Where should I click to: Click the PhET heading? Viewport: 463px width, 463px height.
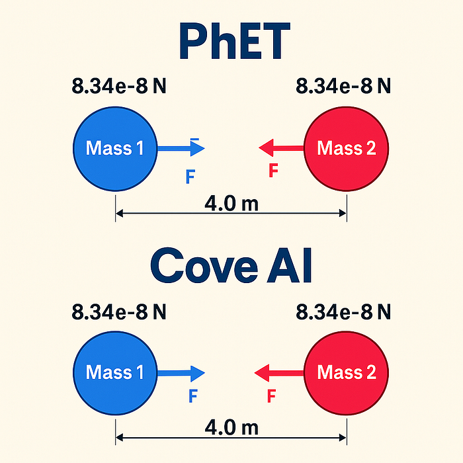click(x=232, y=42)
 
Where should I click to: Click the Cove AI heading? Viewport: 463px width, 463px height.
click(x=232, y=265)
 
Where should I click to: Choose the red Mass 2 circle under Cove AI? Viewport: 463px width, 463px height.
click(x=346, y=372)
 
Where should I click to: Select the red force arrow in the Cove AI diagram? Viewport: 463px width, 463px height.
click(x=280, y=372)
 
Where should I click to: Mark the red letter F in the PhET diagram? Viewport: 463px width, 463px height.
click(x=273, y=171)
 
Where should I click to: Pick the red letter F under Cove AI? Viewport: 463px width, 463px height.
click(x=271, y=397)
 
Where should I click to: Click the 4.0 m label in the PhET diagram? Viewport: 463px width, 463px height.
click(x=231, y=202)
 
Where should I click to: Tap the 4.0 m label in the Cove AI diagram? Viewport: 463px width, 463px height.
click(x=231, y=427)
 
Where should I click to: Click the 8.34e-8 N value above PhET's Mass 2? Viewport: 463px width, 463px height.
click(x=343, y=86)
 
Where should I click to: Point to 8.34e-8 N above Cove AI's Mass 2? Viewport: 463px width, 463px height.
click(x=343, y=311)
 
